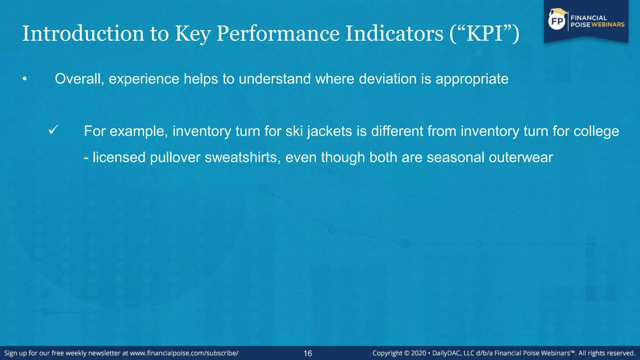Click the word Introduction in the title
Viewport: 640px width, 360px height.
[x=83, y=33]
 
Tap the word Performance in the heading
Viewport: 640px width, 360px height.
[x=277, y=33]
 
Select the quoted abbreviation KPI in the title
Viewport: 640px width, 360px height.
[x=485, y=33]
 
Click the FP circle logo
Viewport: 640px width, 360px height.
[x=557, y=21]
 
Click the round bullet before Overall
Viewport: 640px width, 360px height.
[x=24, y=79]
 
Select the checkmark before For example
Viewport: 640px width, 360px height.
[x=53, y=130]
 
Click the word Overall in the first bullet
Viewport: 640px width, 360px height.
[x=79, y=79]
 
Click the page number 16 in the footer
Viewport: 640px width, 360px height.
[x=307, y=353]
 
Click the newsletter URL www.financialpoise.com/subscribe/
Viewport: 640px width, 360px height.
[x=184, y=353]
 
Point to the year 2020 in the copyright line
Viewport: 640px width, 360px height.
[x=418, y=353]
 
